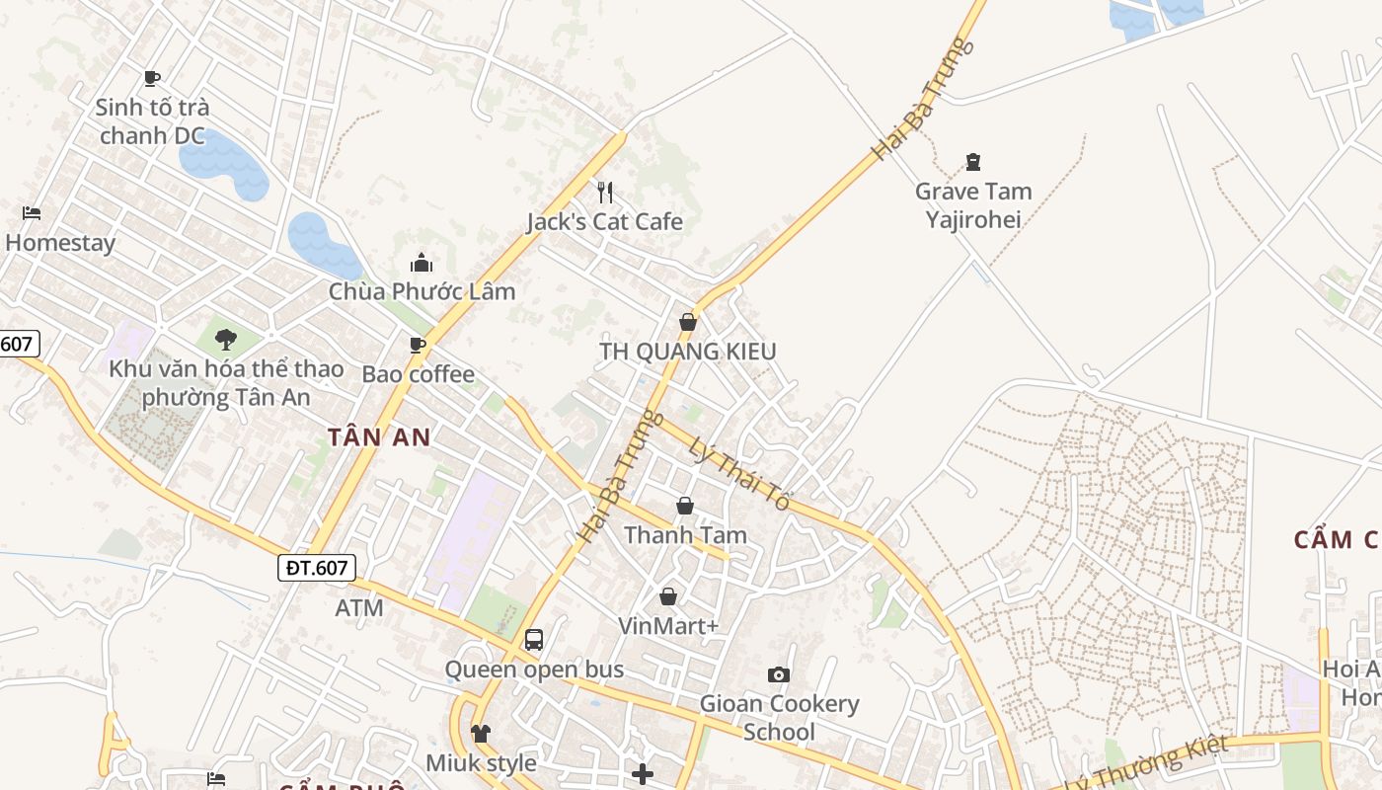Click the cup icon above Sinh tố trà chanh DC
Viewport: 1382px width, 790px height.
[x=151, y=78]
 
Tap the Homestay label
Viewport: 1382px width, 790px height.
[x=60, y=243]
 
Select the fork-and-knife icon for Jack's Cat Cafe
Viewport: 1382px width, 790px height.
[x=605, y=192]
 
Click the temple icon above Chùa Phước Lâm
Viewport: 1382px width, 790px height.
[x=422, y=263]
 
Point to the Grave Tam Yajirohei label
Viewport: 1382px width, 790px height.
[x=973, y=205]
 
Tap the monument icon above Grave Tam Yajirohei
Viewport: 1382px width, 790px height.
[x=973, y=162]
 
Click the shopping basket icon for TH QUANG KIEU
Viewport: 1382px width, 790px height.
[x=688, y=322]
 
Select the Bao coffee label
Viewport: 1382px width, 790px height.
[x=418, y=374]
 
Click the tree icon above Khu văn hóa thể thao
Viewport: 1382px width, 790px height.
[x=226, y=340]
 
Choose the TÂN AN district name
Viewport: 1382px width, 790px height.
[x=379, y=437]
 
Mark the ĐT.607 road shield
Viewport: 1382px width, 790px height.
[x=316, y=567]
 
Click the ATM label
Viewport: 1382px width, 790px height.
[x=359, y=608]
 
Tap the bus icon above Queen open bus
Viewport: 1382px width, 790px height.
[x=534, y=640]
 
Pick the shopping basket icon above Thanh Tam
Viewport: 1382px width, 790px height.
[x=685, y=507]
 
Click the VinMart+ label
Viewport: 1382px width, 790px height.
[x=668, y=626]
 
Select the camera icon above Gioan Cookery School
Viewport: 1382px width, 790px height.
[x=779, y=674]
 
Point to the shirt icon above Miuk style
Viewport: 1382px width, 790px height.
[x=481, y=734]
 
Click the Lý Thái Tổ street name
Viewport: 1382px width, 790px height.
[x=739, y=474]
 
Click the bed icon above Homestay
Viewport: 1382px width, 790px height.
[x=32, y=213]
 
